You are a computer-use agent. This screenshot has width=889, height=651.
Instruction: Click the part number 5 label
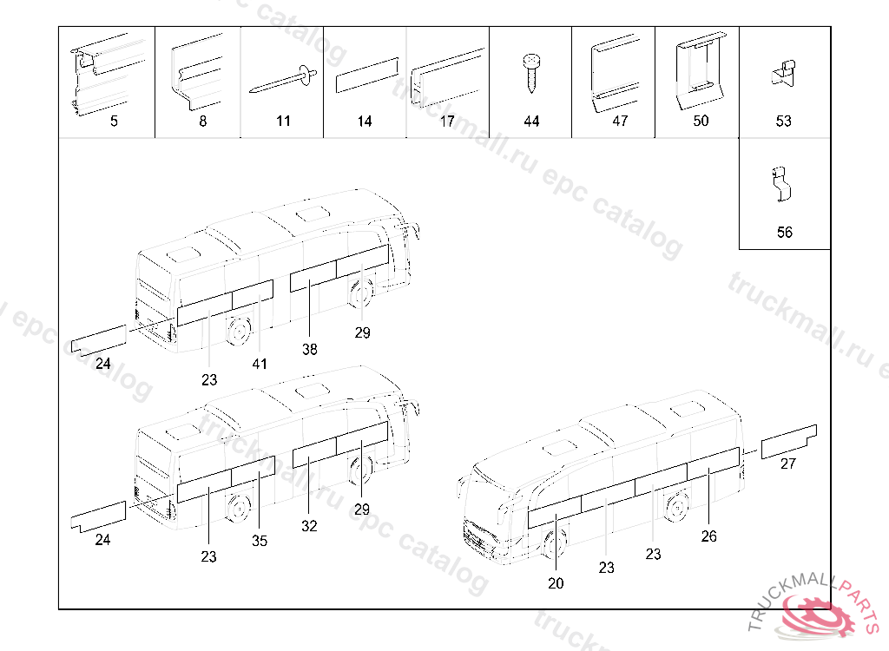pyautogui.click(x=114, y=122)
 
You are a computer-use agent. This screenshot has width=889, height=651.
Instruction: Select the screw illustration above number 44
pyautogui.click(x=530, y=75)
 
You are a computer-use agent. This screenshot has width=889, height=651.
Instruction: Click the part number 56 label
pyautogui.click(x=784, y=233)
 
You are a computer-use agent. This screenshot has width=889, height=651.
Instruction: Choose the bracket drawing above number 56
pyautogui.click(x=782, y=184)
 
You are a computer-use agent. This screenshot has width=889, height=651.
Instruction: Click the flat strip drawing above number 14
pyautogui.click(x=366, y=76)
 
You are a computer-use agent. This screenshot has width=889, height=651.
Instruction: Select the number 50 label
pyautogui.click(x=701, y=122)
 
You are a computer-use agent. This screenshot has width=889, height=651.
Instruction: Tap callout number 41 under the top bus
pyautogui.click(x=260, y=364)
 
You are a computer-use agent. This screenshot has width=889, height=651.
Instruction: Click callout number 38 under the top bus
pyautogui.click(x=310, y=350)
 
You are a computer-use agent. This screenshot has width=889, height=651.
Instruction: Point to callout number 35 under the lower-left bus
pyautogui.click(x=260, y=541)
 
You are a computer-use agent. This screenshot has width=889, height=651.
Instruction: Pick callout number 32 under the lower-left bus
pyautogui.click(x=310, y=526)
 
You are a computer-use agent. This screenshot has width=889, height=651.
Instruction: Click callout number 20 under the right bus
pyautogui.click(x=556, y=583)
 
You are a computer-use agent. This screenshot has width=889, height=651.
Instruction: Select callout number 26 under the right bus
pyautogui.click(x=709, y=536)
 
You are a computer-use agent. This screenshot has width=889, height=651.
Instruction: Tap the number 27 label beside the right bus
pyautogui.click(x=787, y=464)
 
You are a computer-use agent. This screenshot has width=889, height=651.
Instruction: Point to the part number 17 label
pyautogui.click(x=447, y=122)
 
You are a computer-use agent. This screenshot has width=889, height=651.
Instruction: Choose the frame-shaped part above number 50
pyautogui.click(x=699, y=67)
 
